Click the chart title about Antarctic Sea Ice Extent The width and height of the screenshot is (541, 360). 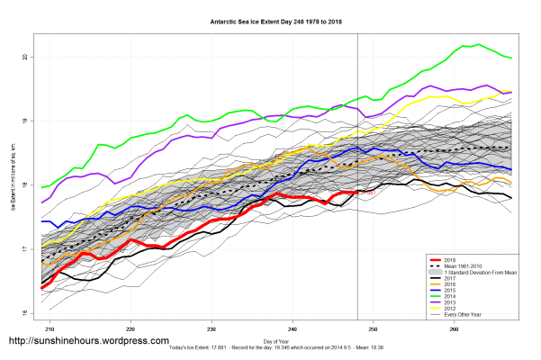coord(271,19)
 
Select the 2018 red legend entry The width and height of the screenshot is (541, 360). coord(451,257)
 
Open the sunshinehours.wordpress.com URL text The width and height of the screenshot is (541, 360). coord(88,342)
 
